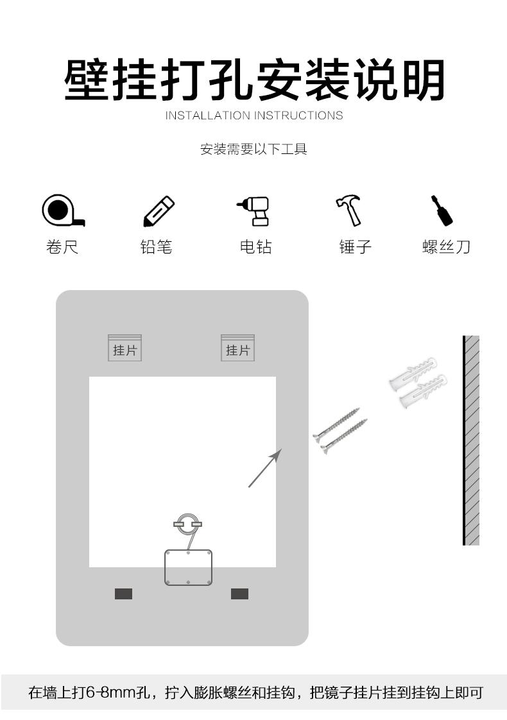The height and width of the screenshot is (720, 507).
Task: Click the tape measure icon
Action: pyautogui.click(x=62, y=210)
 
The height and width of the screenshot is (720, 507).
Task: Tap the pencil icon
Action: pyautogui.click(x=158, y=211)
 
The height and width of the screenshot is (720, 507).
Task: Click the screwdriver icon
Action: pyautogui.click(x=442, y=210)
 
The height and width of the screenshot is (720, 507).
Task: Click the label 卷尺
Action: pyautogui.click(x=62, y=247)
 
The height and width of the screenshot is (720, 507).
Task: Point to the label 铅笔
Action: pyautogui.click(x=157, y=247)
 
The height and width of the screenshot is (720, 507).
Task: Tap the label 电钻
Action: pyautogui.click(x=255, y=247)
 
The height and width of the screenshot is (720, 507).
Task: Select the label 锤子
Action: pyautogui.click(x=355, y=247)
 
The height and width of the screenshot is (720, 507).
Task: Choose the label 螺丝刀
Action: pyautogui.click(x=447, y=247)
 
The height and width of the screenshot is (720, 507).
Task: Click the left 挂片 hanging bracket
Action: pyautogui.click(x=125, y=348)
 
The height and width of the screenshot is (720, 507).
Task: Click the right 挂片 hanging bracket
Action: pyautogui.click(x=237, y=348)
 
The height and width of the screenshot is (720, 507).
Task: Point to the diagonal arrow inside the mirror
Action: pyautogui.click(x=265, y=468)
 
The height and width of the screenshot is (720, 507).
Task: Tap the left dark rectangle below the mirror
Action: pyautogui.click(x=123, y=594)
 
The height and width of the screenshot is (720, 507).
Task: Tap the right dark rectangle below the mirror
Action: pyautogui.click(x=239, y=594)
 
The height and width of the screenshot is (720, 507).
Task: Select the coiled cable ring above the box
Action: pyautogui.click(x=187, y=524)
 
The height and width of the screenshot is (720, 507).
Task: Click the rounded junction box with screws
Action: pyautogui.click(x=188, y=567)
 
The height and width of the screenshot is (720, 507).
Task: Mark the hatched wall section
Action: pyautogui.click(x=472, y=440)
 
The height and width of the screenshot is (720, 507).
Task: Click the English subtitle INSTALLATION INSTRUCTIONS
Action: pyautogui.click(x=254, y=116)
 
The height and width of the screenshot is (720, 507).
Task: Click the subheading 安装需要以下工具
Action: pyautogui.click(x=254, y=150)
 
